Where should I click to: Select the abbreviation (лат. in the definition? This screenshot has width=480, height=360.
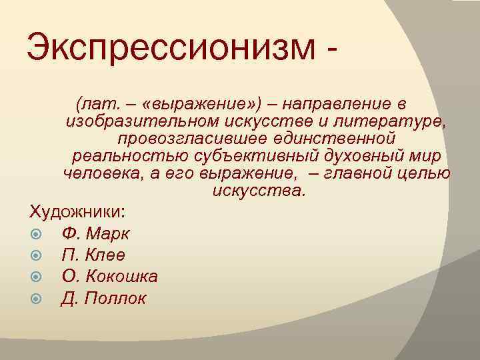click(x=98, y=105)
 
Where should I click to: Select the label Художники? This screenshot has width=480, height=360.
click(x=77, y=212)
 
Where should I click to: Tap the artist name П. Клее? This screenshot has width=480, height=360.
click(x=93, y=255)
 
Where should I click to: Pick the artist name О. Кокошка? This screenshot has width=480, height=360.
click(x=109, y=276)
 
